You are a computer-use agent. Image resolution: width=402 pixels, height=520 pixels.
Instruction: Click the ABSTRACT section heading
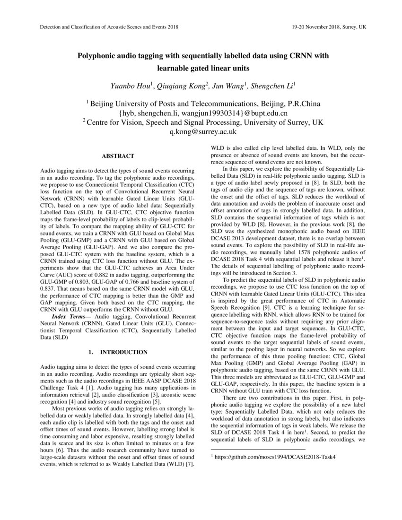click(118, 156)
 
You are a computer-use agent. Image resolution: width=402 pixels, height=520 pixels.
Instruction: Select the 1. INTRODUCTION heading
click(118, 352)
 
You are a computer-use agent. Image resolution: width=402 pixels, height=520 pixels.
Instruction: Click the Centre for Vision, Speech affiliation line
click(203, 122)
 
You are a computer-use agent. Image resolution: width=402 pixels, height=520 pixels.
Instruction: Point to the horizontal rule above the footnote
click(257, 450)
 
